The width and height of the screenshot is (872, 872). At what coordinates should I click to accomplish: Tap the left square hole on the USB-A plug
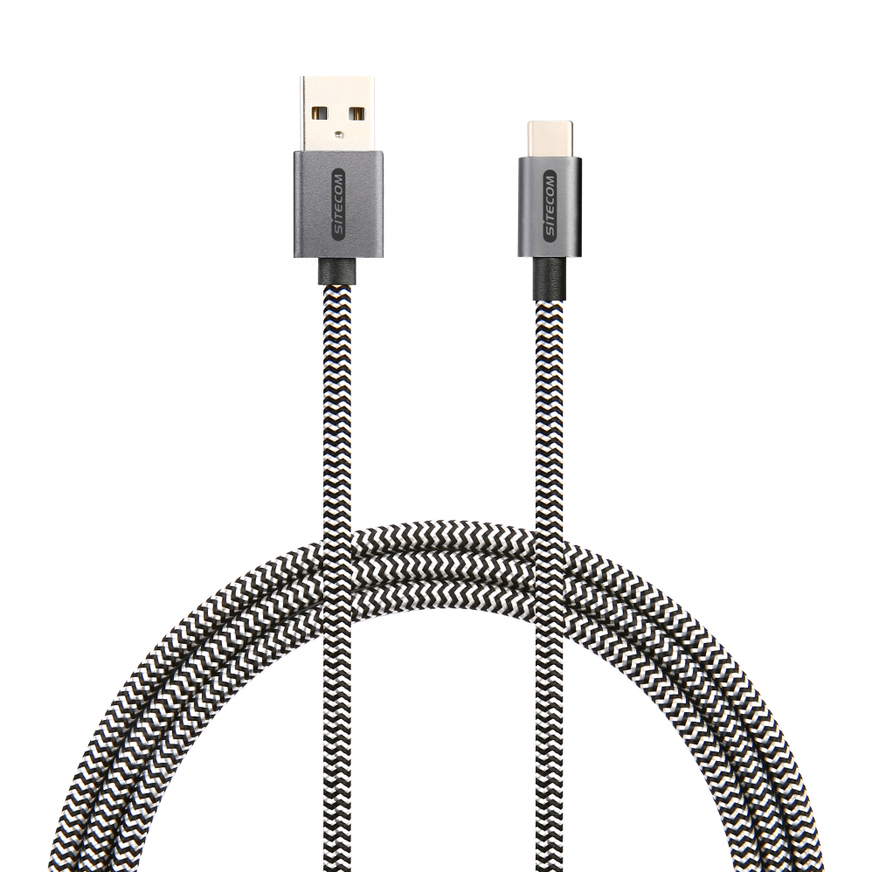point(320,114)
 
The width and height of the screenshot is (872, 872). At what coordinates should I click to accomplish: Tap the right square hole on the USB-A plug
point(356,114)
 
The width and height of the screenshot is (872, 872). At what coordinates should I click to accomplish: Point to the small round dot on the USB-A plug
point(339,134)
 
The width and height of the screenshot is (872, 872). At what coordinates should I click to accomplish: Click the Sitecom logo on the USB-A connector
point(338,204)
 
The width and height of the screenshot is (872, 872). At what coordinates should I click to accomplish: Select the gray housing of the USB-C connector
point(550,207)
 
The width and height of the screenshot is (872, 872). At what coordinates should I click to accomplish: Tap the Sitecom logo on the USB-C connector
point(550,207)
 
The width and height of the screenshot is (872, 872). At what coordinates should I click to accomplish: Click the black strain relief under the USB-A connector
point(338,272)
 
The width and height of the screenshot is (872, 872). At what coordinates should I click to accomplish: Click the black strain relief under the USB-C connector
point(550,279)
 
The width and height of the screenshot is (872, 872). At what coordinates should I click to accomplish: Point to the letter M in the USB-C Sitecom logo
point(550,181)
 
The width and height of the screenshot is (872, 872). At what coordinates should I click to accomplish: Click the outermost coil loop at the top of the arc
point(439,533)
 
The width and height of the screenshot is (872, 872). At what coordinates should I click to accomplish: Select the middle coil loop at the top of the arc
point(439,563)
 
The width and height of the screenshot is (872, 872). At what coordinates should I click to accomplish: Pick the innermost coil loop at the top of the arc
point(439,592)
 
